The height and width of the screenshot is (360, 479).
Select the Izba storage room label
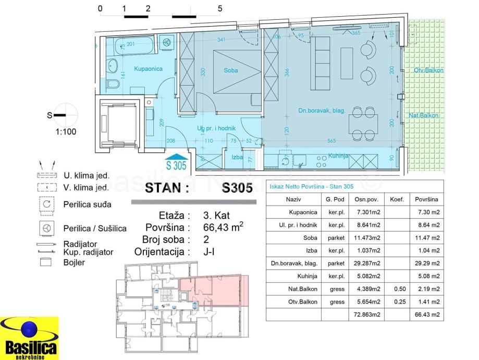(237, 157)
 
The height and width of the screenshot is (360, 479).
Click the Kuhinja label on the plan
(339, 155)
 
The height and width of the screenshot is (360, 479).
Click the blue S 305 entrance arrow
(176, 161)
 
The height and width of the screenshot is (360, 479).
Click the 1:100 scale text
(66, 131)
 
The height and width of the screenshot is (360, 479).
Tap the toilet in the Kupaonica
(114, 85)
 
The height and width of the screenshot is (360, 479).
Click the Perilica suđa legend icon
(47, 204)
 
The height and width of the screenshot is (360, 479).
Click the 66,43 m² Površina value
(223, 227)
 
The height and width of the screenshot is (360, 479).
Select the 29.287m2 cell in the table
(367, 263)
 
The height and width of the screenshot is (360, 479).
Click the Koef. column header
(395, 199)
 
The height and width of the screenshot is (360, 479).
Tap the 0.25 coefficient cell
(395, 301)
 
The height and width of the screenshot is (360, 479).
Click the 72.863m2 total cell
(367, 314)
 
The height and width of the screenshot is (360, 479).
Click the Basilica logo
(30, 339)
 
